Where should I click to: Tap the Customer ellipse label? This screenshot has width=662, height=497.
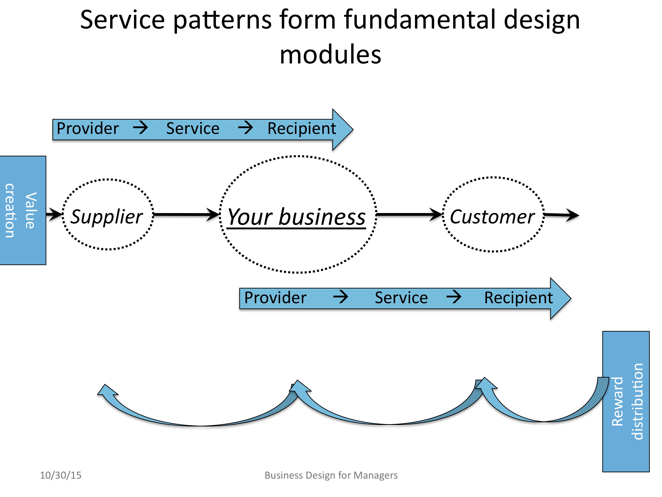(492, 217)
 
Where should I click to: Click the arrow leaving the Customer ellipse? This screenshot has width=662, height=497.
(561, 215)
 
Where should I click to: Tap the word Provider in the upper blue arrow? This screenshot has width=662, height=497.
(88, 129)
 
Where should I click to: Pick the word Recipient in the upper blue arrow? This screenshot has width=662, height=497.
(302, 129)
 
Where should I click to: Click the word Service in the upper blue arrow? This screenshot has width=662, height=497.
(193, 129)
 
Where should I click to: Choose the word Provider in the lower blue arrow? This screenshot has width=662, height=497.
(275, 298)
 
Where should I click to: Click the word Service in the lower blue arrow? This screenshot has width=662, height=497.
(401, 298)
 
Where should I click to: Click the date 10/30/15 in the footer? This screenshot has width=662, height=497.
(61, 475)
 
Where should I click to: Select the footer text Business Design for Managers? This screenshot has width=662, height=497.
(331, 475)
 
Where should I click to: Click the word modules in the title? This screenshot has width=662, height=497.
(330, 55)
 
